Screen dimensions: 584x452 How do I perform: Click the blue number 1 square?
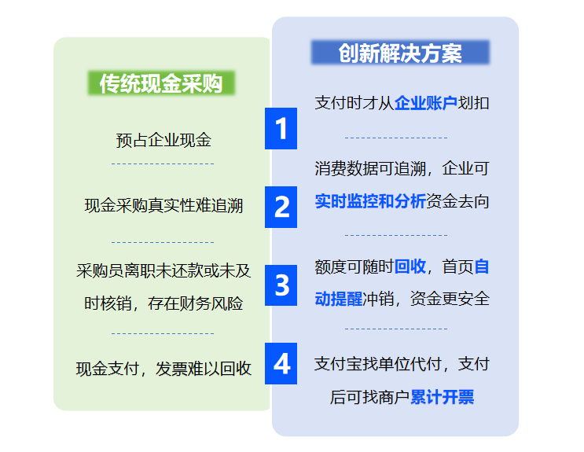[x=281, y=129]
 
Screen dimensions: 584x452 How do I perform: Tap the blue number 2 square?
[x=281, y=207]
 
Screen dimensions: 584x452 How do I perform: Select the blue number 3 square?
[x=281, y=285]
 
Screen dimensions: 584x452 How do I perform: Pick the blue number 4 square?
[x=281, y=363]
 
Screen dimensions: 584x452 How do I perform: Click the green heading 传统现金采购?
[x=161, y=83]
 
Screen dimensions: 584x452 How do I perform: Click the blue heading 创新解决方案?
[x=400, y=53]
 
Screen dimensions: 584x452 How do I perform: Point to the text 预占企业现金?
[x=163, y=141]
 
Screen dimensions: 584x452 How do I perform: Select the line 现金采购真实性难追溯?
[x=163, y=206]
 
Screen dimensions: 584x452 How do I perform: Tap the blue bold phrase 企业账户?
[x=426, y=103]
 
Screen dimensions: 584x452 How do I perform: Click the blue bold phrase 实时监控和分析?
[x=370, y=201]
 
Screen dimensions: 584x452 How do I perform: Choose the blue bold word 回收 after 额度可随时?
[x=410, y=266]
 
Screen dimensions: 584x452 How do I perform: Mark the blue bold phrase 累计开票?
[x=442, y=397]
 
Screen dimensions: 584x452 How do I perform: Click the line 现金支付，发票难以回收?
[x=163, y=369]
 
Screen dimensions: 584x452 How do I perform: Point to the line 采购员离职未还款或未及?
[x=163, y=271]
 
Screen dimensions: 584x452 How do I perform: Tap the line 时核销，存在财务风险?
[x=163, y=303]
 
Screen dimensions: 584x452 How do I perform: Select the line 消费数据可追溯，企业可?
[x=402, y=168]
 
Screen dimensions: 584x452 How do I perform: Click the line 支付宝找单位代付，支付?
[x=402, y=364]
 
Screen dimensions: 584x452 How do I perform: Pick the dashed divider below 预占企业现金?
[x=163, y=164]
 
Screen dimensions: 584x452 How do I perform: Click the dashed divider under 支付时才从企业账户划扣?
[x=396, y=138]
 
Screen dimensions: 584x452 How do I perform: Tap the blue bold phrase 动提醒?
[x=339, y=299]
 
